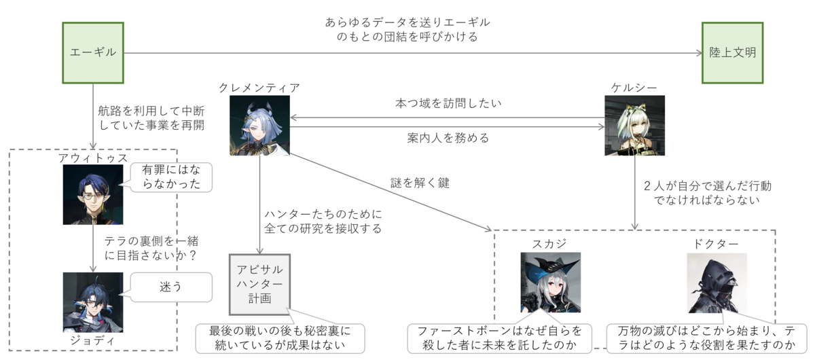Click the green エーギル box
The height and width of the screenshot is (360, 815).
coord(93,53)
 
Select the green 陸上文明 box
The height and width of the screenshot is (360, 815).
coord(732,53)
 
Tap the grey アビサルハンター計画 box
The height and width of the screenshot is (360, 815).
coord(259,285)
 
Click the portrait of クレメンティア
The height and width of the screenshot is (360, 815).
coord(259,126)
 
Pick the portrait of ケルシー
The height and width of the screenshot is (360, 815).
coord(634,126)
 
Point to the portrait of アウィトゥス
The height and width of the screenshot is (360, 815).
coord(93,194)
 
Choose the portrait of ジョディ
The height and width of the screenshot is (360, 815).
coord(93,302)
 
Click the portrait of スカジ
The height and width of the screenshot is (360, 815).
coord(550,283)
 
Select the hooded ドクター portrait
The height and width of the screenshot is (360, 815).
coord(717,283)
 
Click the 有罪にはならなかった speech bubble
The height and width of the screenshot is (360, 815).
coord(172,177)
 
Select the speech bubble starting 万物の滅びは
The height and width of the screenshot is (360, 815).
coord(707,338)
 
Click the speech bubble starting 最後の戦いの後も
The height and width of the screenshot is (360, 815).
coord(279,338)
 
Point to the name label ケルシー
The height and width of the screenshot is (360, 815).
coord(634,88)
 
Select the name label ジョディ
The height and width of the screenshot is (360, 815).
coord(93,342)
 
